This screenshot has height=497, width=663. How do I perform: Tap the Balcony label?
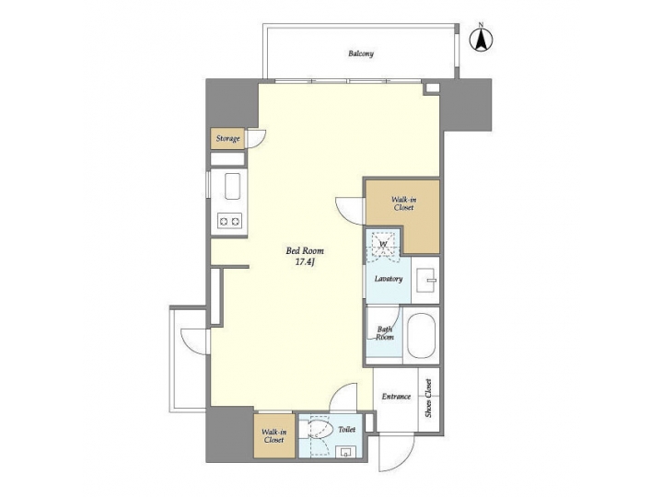click(361, 53)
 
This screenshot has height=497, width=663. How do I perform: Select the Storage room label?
click(227, 139)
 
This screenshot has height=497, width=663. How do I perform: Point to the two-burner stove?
click(228, 221)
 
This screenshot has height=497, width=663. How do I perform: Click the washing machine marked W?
click(384, 243)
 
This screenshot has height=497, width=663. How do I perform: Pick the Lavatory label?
click(389, 278)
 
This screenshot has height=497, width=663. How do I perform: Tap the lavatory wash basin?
click(425, 277)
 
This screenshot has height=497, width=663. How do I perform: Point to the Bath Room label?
click(385, 332)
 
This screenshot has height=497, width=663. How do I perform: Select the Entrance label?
click(396, 397)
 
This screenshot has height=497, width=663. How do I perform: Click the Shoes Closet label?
click(428, 398)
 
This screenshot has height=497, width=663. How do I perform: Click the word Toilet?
click(347, 429)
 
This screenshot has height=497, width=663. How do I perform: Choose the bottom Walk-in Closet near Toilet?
click(274, 436)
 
